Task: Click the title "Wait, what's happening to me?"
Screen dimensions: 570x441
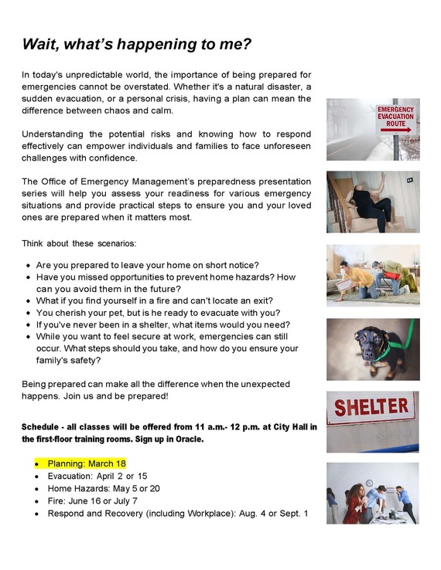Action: pyautogui.click(x=137, y=44)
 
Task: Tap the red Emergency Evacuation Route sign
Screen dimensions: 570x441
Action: pyautogui.click(x=395, y=117)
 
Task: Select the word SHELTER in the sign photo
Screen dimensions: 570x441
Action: pyautogui.click(x=372, y=407)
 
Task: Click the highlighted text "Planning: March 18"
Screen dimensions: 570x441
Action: pyautogui.click(x=87, y=463)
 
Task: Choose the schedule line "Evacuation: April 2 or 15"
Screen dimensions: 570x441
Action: pyautogui.click(x=97, y=477)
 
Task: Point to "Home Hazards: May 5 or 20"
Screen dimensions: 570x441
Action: pyautogui.click(x=104, y=489)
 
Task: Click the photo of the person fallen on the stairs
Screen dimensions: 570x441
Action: pyautogui.click(x=372, y=202)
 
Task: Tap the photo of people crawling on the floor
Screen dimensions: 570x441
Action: pyautogui.click(x=372, y=275)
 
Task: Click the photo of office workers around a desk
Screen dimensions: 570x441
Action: pyautogui.click(x=372, y=494)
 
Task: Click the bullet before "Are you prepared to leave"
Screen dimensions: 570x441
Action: pyautogui.click(x=28, y=265)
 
